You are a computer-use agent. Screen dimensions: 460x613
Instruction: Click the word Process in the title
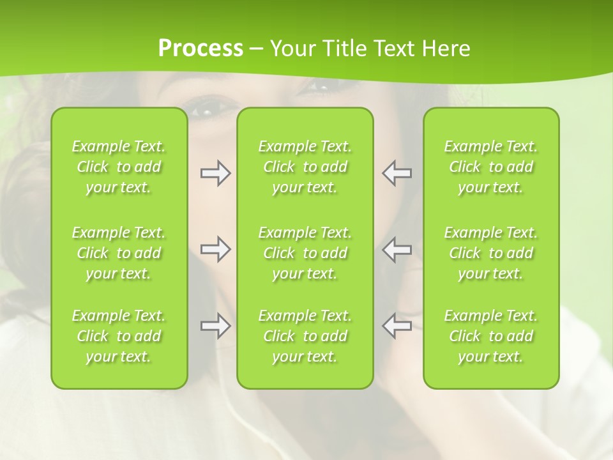point(201,49)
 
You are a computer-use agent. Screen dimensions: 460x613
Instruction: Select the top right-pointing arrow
point(215,173)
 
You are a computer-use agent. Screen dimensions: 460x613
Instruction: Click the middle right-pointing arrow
point(215,249)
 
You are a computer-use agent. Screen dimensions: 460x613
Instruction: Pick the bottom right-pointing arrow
point(215,326)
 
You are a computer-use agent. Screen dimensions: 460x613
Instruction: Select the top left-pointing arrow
point(397,173)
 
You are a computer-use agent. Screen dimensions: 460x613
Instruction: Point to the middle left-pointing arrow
point(397,249)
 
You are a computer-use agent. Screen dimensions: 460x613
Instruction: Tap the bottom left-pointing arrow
point(397,326)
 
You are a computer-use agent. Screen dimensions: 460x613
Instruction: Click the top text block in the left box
point(119,167)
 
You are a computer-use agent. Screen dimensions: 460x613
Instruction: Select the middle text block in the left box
point(119,253)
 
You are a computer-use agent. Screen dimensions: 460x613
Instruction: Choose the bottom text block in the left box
point(119,336)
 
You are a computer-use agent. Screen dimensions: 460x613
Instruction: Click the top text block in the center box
point(305,167)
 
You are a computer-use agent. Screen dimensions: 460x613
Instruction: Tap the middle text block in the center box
point(305,253)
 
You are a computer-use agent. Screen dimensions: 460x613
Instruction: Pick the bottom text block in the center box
point(305,336)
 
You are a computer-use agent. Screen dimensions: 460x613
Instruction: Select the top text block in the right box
point(491,167)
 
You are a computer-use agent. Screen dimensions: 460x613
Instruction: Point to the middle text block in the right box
point(491,253)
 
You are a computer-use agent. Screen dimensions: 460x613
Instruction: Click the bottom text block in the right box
point(491,336)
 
